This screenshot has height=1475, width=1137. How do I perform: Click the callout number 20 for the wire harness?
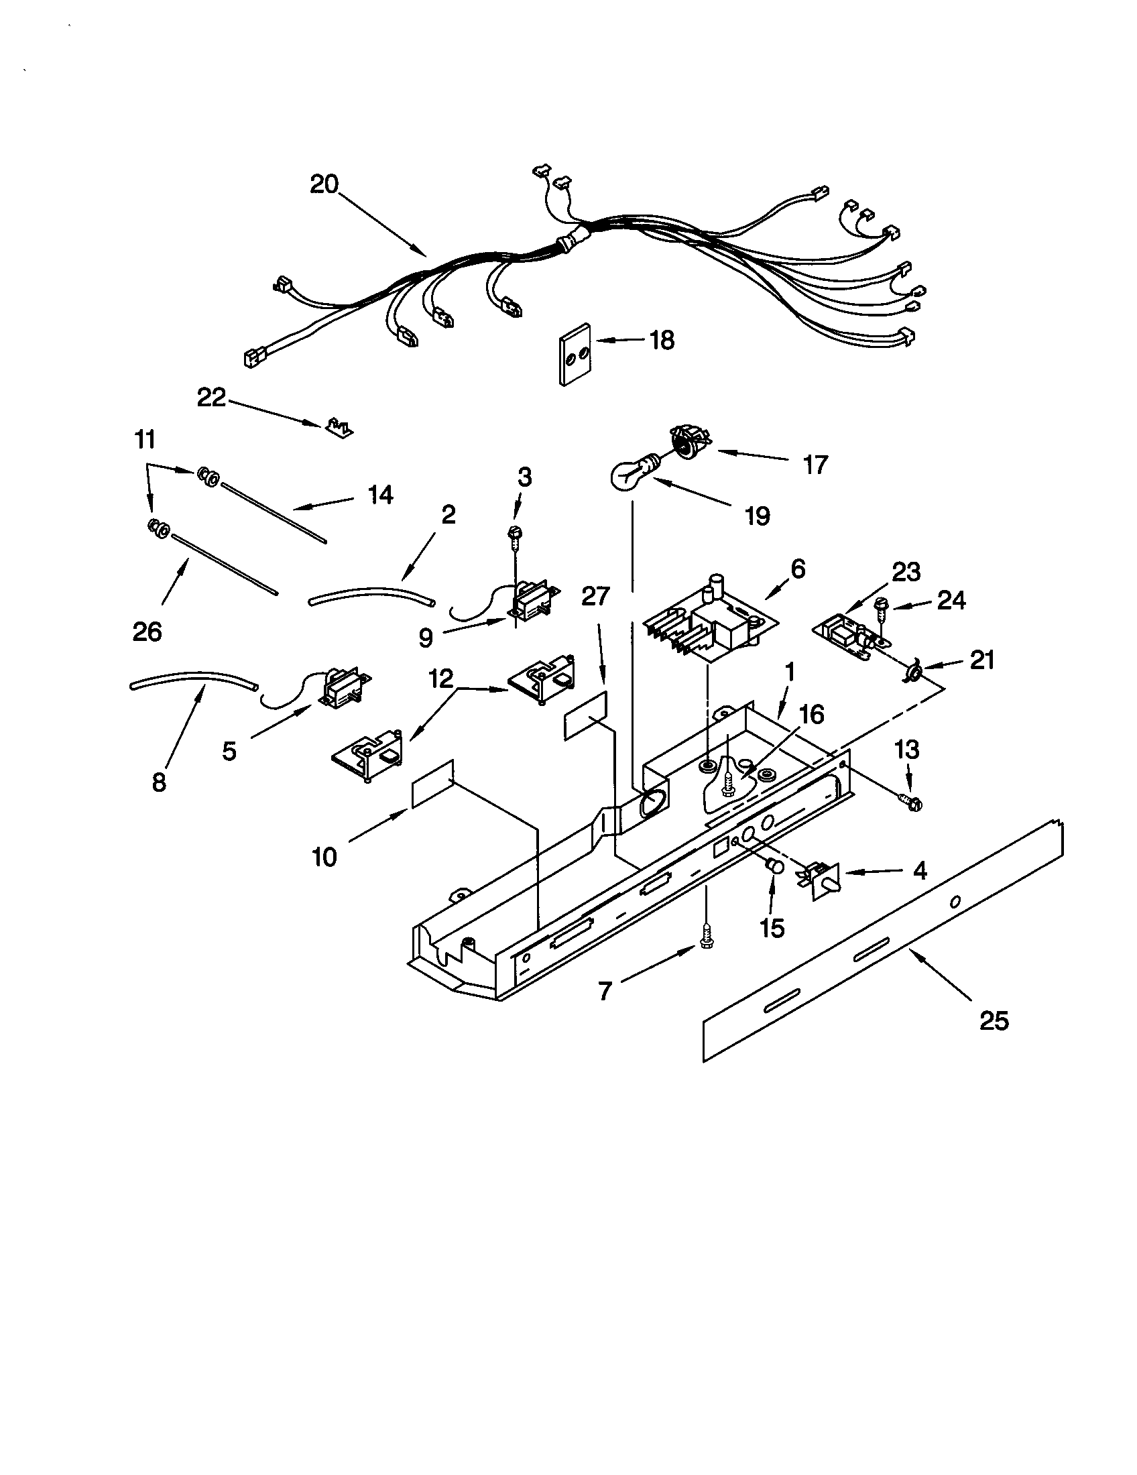click(324, 184)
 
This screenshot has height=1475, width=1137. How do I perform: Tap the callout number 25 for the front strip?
click(994, 1020)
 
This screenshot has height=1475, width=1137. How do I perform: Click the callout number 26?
click(147, 632)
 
